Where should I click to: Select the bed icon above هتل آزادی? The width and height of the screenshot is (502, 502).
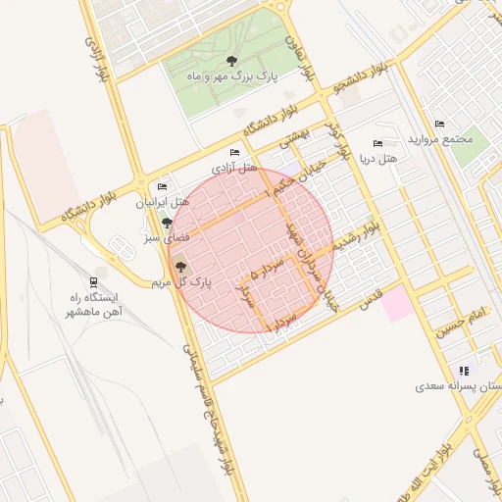233,152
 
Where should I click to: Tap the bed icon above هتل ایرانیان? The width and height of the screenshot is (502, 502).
162,186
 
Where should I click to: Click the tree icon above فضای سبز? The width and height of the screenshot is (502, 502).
166,222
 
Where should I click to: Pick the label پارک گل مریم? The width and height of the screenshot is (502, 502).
181,282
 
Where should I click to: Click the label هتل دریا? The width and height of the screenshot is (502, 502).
378,158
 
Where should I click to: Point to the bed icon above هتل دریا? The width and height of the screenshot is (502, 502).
378,143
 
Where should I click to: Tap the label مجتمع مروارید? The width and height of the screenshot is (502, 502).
453,138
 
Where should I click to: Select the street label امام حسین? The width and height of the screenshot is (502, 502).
461,324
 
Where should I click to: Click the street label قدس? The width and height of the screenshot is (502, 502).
369,302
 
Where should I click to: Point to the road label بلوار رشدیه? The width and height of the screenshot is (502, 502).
356,237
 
